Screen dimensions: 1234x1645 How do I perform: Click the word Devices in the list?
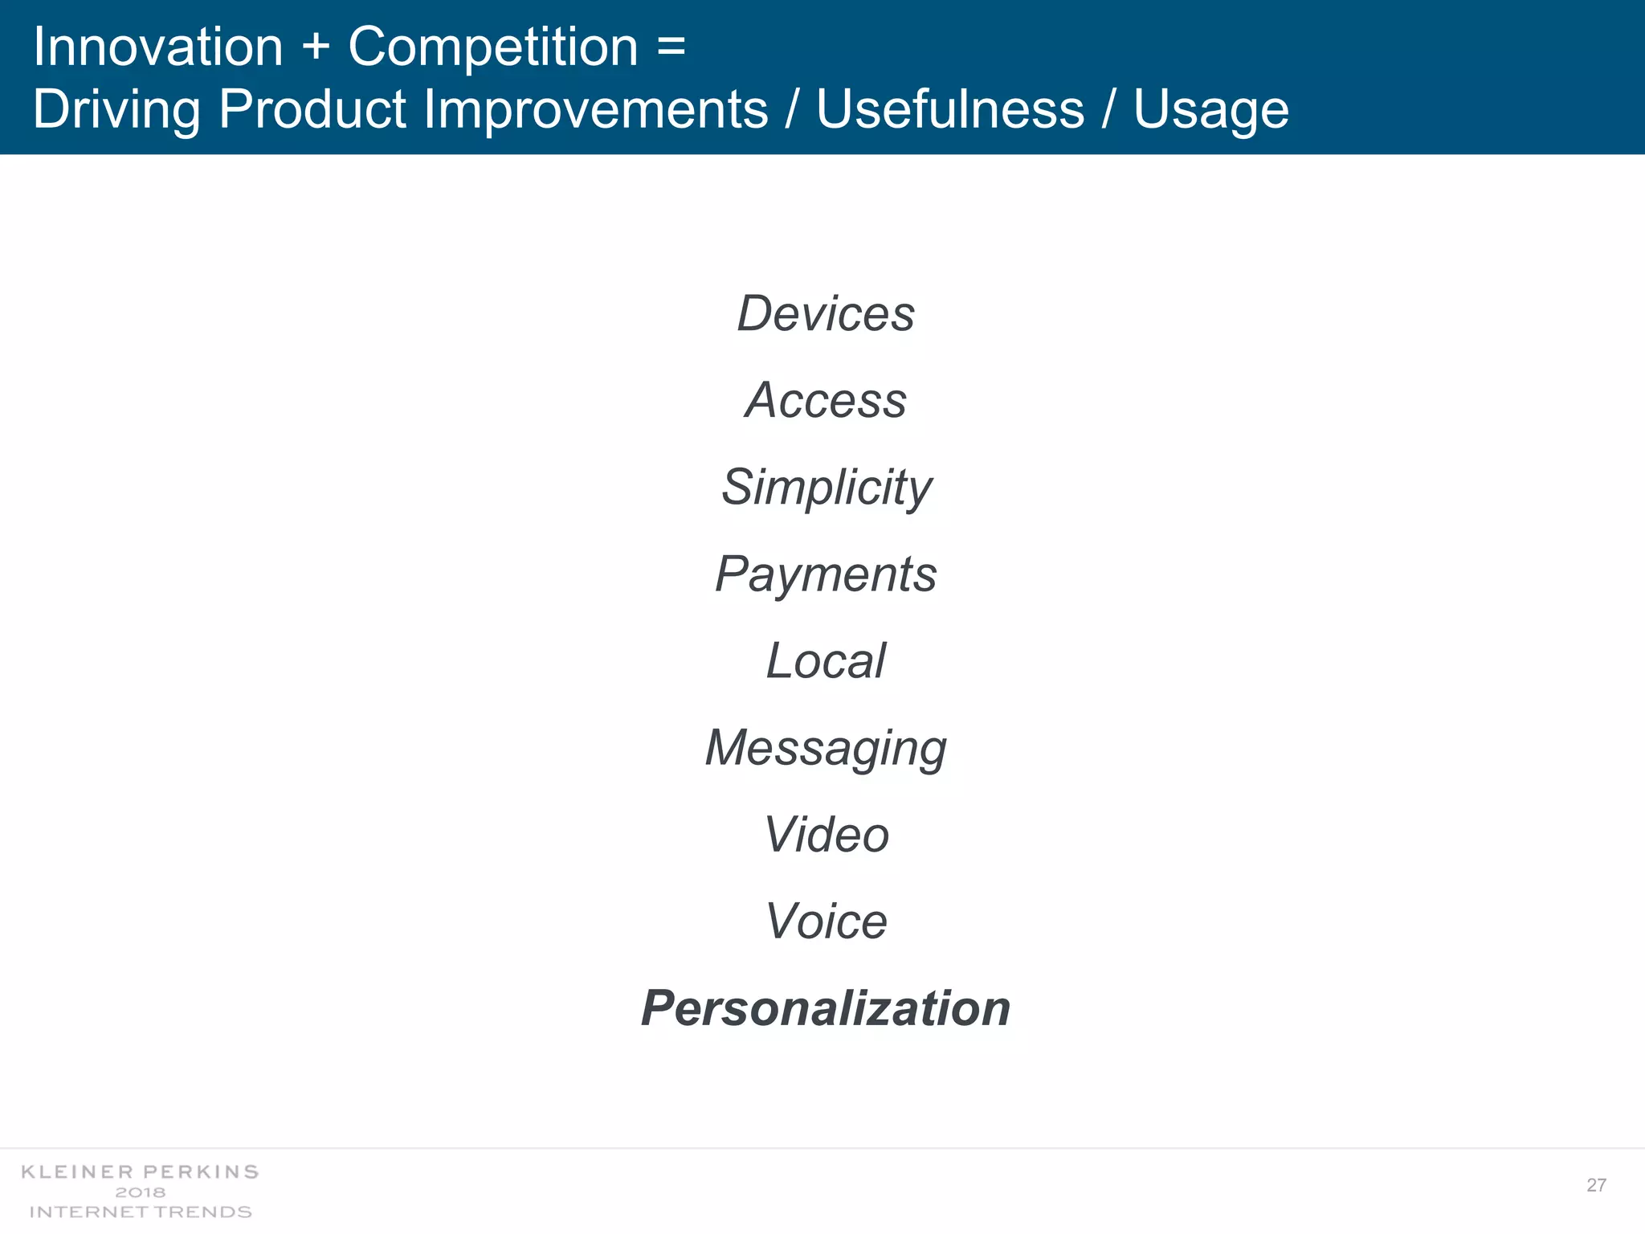(826, 313)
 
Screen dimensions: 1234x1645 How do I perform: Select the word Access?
(826, 400)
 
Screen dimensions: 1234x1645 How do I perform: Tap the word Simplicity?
(826, 487)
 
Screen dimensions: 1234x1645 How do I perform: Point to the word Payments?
(826, 574)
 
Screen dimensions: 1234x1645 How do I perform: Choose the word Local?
(826, 661)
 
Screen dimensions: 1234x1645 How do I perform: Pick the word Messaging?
(826, 748)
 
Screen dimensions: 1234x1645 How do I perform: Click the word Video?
(826, 835)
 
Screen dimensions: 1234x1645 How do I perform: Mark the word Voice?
(826, 921)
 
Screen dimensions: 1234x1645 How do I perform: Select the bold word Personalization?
(826, 1008)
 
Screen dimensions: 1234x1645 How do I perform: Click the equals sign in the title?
(671, 47)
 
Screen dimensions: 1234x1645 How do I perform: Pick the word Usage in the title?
(1210, 110)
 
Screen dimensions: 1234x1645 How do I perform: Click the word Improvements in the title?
(595, 110)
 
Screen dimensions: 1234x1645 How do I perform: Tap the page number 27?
(1596, 1185)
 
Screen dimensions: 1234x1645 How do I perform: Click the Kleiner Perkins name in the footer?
(140, 1172)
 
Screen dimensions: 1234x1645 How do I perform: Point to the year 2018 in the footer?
(140, 1192)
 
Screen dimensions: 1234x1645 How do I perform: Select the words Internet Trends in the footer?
(140, 1212)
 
